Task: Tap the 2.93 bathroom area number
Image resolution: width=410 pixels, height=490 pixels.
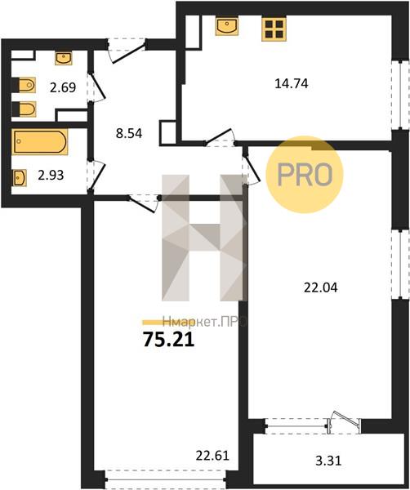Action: [62, 175]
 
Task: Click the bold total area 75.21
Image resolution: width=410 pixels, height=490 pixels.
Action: [168, 341]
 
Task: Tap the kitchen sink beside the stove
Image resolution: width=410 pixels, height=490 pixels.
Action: [226, 27]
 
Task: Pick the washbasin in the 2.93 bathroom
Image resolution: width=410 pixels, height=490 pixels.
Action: [20, 175]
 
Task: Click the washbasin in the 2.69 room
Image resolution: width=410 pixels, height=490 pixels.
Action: [64, 57]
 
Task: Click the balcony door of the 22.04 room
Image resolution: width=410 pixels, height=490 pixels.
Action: [343, 422]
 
